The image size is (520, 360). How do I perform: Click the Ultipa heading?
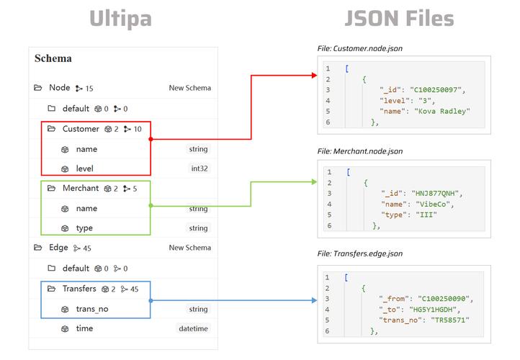pyautogui.click(x=120, y=19)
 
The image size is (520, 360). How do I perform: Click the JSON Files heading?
pyautogui.click(x=399, y=18)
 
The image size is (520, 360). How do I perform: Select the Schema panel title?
pyautogui.click(x=53, y=58)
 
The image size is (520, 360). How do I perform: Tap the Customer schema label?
pyautogui.click(x=81, y=129)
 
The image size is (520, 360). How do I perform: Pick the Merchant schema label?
pyautogui.click(x=81, y=189)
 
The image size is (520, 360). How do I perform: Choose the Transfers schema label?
pyautogui.click(x=79, y=289)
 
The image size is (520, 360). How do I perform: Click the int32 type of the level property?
pyautogui.click(x=200, y=168)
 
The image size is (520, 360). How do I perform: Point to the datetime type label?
pyautogui.click(x=193, y=328)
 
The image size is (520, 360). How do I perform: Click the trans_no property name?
pyautogui.click(x=92, y=309)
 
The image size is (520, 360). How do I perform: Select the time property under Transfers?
pyautogui.click(x=84, y=328)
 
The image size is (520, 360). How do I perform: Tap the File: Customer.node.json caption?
pyautogui.click(x=360, y=48)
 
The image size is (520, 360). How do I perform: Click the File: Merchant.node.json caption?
pyautogui.click(x=360, y=151)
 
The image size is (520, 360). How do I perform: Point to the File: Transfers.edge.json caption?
pyautogui.click(x=360, y=253)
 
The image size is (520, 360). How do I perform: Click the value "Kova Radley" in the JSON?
pyautogui.click(x=442, y=112)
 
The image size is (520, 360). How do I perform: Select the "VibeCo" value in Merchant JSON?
pyautogui.click(x=433, y=204)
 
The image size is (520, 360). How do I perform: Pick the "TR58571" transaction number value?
pyautogui.click(x=450, y=320)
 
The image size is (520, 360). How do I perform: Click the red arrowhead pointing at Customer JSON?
pyautogui.click(x=315, y=76)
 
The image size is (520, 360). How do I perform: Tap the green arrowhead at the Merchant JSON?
pyautogui.click(x=315, y=181)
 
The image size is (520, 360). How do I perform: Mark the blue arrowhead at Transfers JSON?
pyautogui.click(x=315, y=300)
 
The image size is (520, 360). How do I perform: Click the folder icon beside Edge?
pyautogui.click(x=37, y=247)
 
